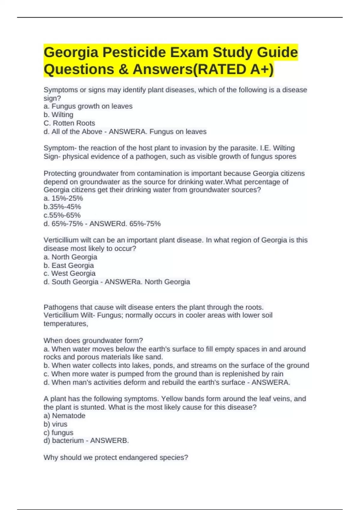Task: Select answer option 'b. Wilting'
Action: (58, 115)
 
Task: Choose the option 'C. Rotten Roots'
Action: (69, 123)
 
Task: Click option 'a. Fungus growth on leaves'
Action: (88, 106)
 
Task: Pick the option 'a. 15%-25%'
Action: (63, 198)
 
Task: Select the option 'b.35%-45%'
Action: (62, 207)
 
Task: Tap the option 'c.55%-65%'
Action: (62, 215)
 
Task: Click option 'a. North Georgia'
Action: (70, 257)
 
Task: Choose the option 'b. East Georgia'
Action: (69, 265)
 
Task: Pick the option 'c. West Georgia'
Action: (70, 273)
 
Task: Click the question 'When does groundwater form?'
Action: (93, 340)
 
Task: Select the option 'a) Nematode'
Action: (64, 416)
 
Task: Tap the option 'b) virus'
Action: (55, 424)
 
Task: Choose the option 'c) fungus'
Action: (58, 433)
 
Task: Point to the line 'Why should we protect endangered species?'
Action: (116, 457)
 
